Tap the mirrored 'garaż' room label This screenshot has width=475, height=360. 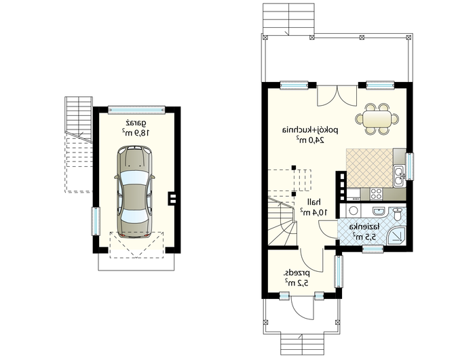(136, 123)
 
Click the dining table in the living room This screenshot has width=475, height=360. (377, 119)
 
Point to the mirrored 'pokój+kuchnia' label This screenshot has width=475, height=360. (310, 130)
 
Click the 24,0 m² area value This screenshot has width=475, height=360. (310, 140)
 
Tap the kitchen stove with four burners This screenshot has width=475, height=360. (376, 194)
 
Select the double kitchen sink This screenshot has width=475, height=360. (399, 176)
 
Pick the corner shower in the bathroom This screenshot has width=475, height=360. (396, 235)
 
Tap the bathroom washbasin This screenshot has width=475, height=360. (379, 211)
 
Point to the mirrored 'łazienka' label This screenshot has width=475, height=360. (364, 226)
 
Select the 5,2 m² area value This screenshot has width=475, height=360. (297, 283)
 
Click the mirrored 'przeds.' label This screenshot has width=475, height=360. (297, 273)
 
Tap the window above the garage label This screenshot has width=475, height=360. (136, 110)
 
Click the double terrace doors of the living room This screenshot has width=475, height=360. (337, 96)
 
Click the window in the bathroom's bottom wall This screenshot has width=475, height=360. (373, 249)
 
